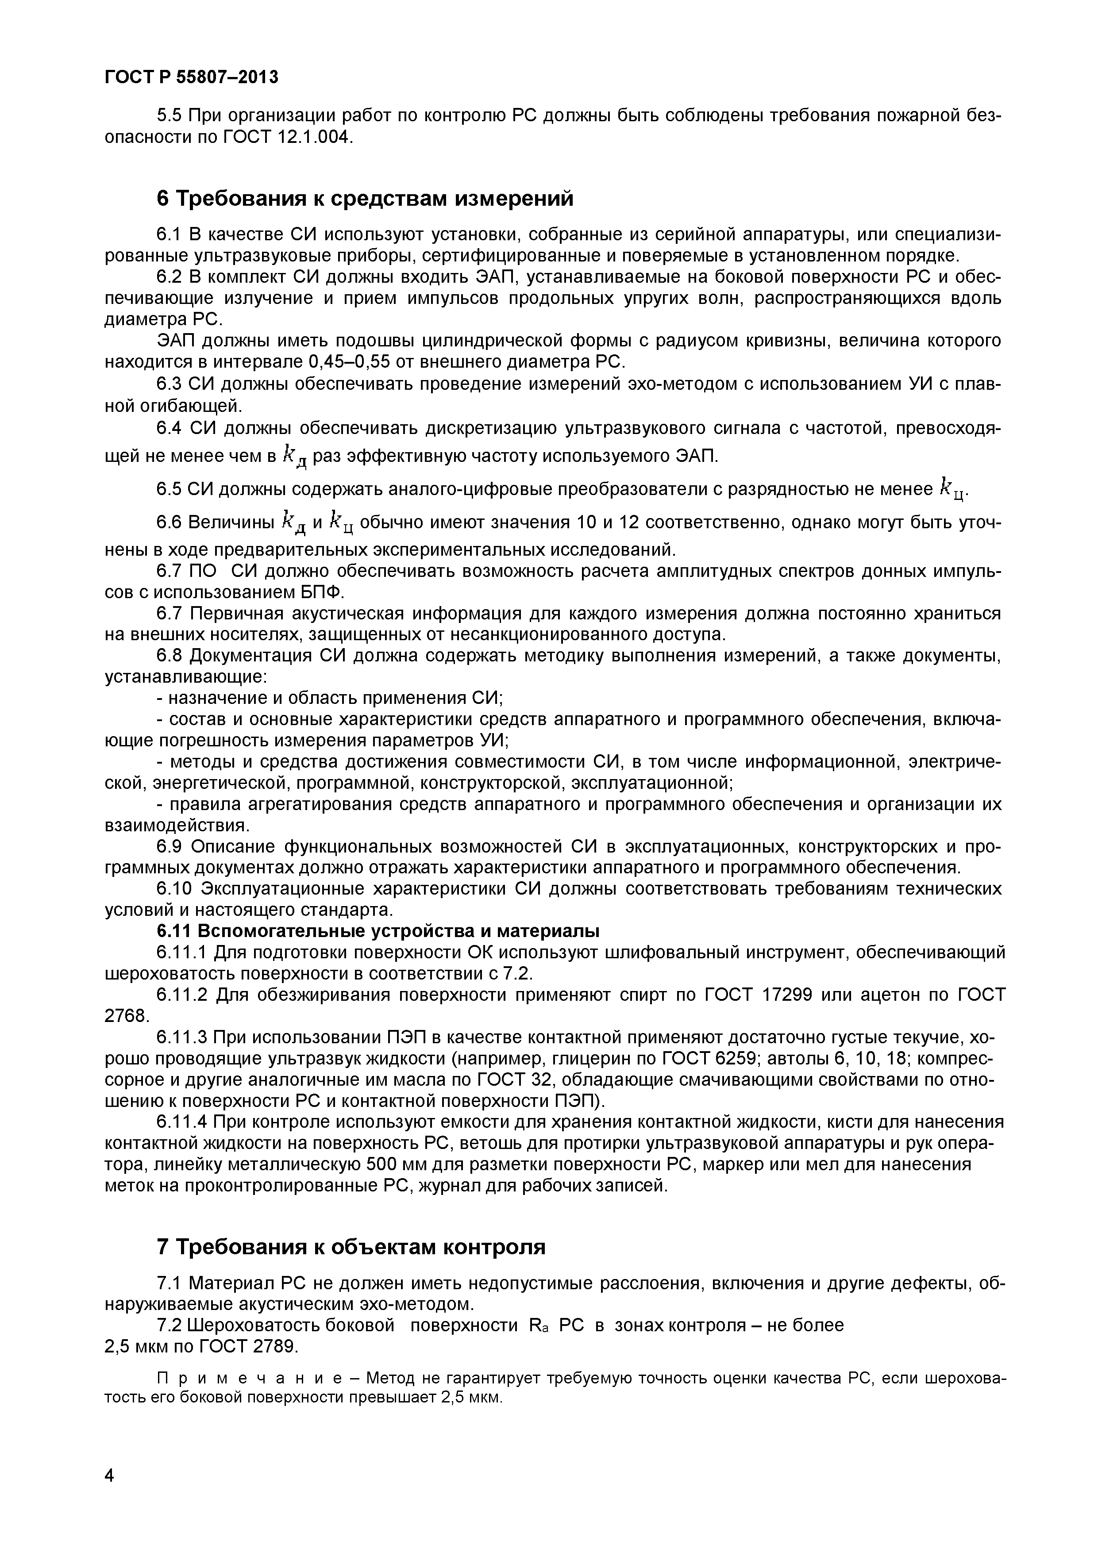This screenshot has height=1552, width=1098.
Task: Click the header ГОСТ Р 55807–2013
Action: pos(191,77)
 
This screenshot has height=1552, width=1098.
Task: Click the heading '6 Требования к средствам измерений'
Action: pos(365,199)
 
